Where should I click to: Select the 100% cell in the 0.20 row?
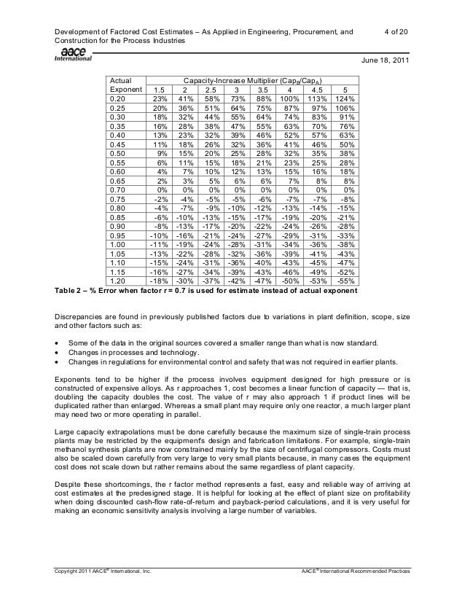[x=292, y=99]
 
